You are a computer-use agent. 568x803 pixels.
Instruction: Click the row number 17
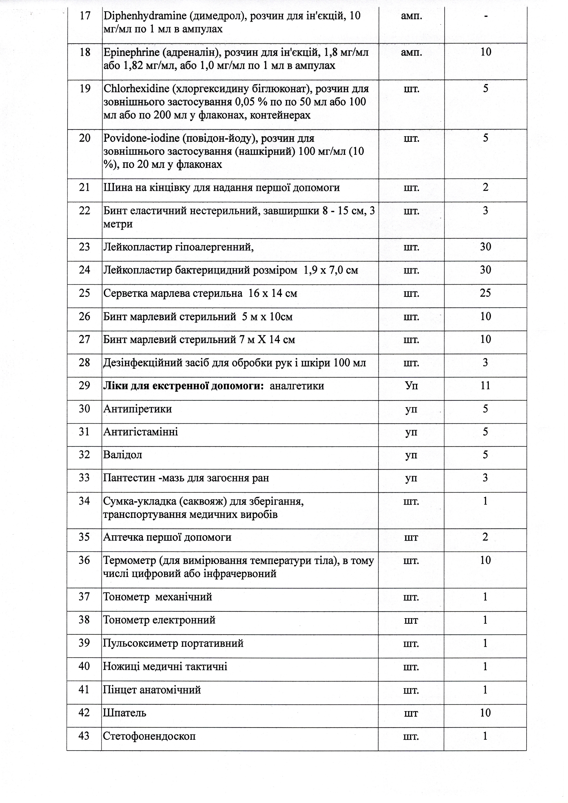pos(85,16)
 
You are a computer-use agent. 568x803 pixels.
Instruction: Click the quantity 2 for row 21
pos(485,188)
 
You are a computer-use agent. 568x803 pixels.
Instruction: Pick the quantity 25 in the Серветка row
pos(485,293)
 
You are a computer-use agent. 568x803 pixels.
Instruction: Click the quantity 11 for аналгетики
pos(485,385)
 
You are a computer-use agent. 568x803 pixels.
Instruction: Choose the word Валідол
pos(122,455)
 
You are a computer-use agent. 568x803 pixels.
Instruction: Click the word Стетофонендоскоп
pos(149,736)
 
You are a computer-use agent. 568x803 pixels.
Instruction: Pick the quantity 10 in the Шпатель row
pos(485,713)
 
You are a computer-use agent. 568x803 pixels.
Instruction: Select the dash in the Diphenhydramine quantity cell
pos(486,16)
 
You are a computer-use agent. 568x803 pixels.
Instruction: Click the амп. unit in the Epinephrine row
pos(411,52)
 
